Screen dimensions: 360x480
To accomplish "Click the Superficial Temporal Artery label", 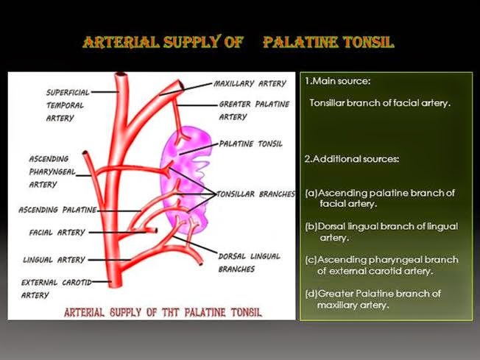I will click(x=68, y=105).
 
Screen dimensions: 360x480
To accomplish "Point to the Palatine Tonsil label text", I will click(x=250, y=144).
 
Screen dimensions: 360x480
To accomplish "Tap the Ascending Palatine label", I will click(x=57, y=210).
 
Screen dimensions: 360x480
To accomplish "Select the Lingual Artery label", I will click(x=54, y=260).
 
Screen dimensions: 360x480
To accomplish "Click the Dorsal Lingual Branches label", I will click(x=250, y=262).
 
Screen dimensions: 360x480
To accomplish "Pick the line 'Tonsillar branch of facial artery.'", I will click(x=379, y=103).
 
